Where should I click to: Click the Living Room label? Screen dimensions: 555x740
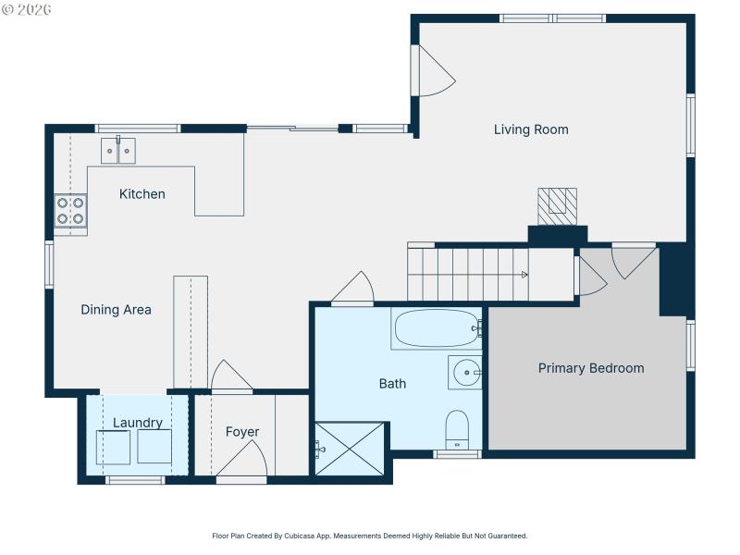coord(531,129)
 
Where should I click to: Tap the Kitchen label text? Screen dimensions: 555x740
coord(142,194)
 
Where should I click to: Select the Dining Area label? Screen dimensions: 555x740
coord(116,310)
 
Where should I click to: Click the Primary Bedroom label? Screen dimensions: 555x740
coord(591,368)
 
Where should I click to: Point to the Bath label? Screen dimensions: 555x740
coord(392,384)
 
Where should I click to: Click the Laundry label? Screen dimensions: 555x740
coord(138,423)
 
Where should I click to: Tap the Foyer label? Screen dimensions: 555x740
coord(242,432)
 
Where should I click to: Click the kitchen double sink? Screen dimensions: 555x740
coord(118,150)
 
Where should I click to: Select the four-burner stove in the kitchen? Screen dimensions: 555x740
coord(70,211)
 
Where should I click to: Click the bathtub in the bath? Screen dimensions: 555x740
coord(437,328)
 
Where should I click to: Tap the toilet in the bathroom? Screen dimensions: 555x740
coord(457,430)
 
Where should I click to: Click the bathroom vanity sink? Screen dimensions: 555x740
coord(465,373)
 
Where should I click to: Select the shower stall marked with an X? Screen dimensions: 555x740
coord(350,449)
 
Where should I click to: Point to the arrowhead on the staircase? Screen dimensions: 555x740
coord(524,275)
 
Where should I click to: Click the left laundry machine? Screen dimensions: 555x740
coord(114,447)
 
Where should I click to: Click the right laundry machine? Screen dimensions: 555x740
coord(154,447)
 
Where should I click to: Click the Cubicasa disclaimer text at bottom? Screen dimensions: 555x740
coord(370,536)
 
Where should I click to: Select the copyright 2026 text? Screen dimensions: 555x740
coord(27,9)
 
